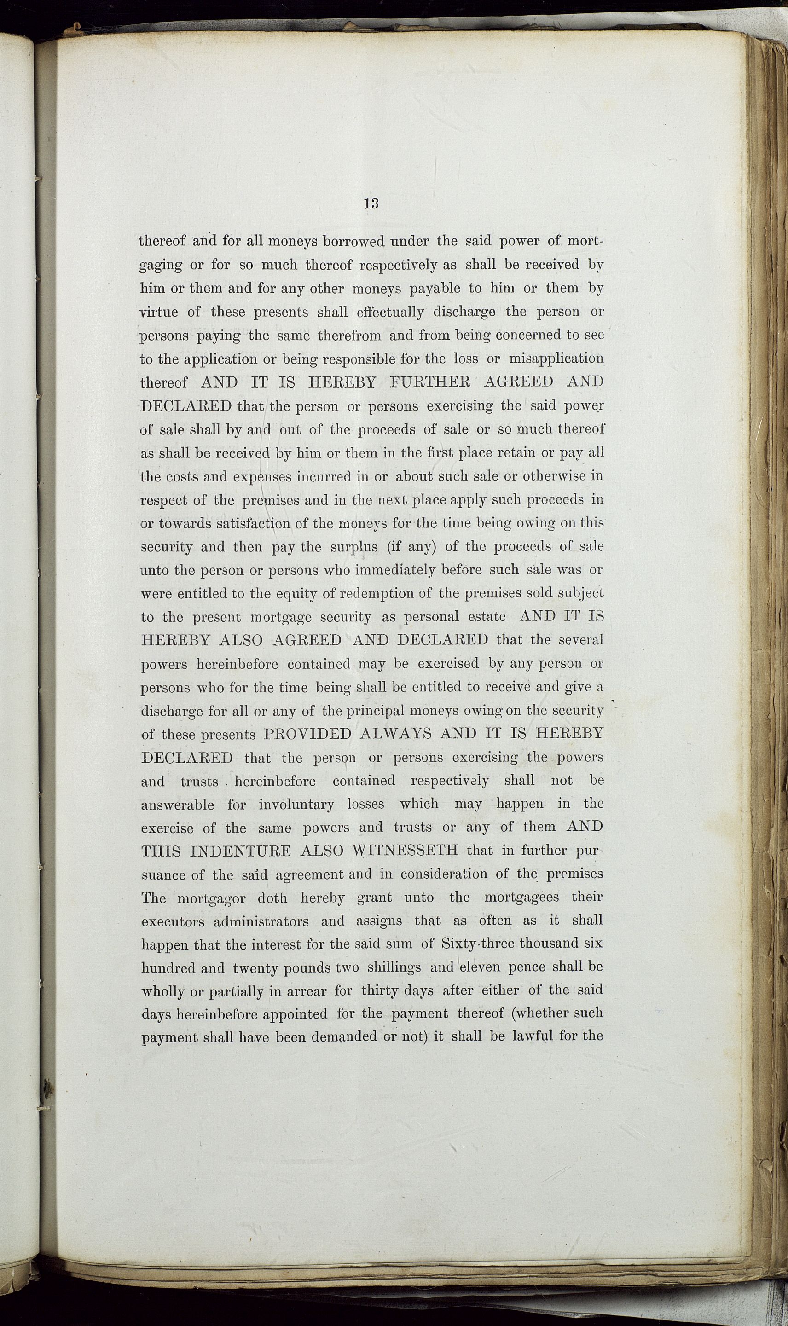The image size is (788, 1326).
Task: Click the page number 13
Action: point(371,203)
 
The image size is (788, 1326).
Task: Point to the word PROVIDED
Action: point(307,734)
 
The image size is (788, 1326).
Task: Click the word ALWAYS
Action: point(395,734)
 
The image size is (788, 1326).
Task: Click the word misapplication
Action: point(556,359)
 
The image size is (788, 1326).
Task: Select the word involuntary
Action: point(296,805)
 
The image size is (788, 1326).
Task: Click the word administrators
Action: point(261,921)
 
